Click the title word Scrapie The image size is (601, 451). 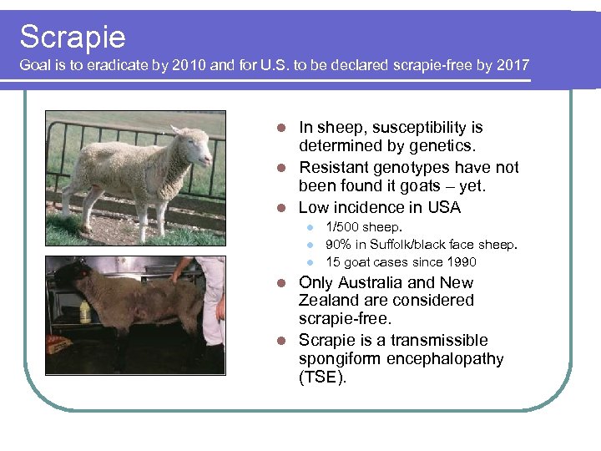73,37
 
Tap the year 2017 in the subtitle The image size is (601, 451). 511,66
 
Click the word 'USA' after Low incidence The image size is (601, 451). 443,207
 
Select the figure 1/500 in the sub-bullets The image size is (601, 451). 343,227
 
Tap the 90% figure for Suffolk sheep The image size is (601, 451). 339,245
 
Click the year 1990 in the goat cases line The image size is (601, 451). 460,262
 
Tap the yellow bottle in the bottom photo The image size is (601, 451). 84,311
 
